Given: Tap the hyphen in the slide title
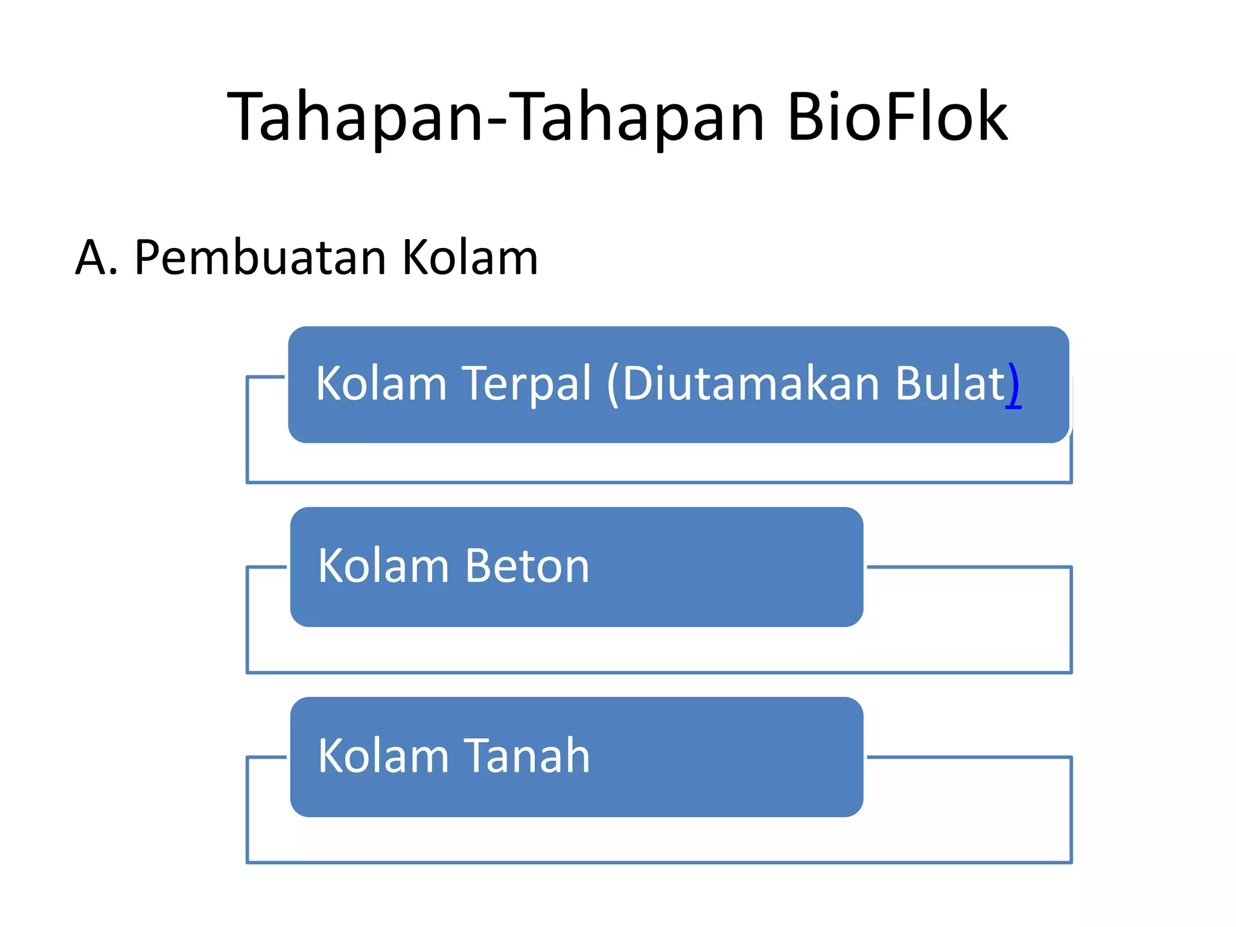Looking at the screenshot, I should click(497, 121).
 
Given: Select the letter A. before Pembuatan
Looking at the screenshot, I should click(96, 258).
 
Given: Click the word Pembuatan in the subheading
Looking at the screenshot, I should click(260, 258).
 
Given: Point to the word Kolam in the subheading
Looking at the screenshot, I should click(470, 258).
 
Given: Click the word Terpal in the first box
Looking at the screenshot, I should click(527, 383).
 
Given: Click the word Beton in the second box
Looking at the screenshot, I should click(527, 566).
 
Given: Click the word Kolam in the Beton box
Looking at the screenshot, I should click(383, 566).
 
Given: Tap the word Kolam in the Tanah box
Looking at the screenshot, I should click(383, 756).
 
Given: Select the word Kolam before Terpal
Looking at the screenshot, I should click(381, 383).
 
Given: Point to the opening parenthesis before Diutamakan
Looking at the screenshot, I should click(613, 384).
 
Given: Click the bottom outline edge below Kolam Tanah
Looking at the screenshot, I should click(659, 862).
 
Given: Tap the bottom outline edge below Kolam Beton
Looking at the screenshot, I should click(659, 672).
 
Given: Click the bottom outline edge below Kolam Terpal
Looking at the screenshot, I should click(659, 482).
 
